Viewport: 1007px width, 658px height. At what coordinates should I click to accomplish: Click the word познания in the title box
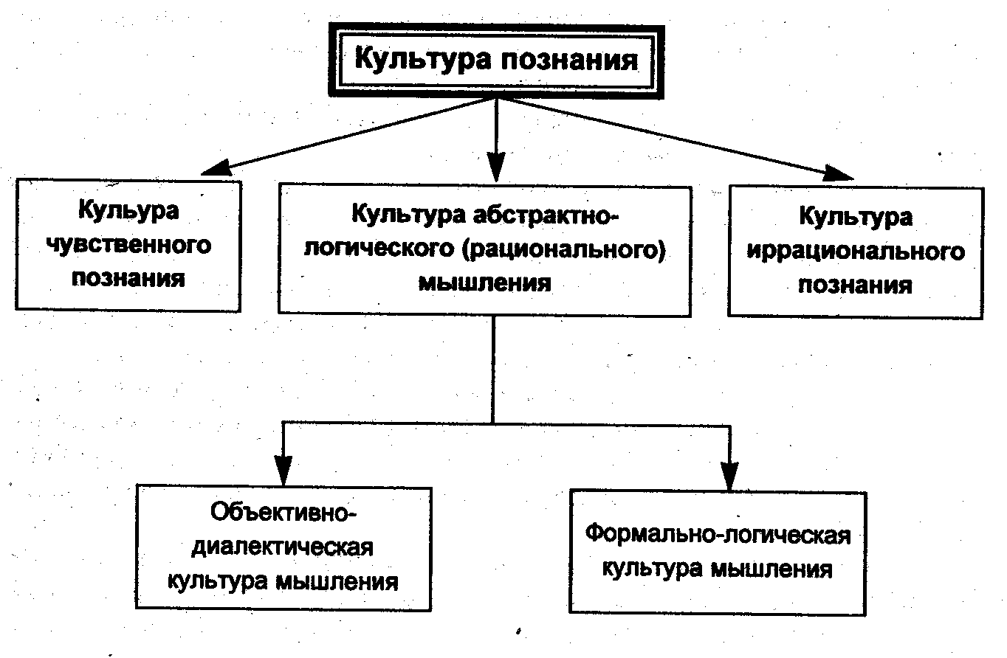569,60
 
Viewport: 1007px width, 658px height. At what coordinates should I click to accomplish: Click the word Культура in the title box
422,59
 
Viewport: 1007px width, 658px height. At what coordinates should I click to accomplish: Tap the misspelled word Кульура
128,211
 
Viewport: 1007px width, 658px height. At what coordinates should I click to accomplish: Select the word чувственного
128,245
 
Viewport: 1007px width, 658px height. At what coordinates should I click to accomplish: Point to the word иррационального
856,252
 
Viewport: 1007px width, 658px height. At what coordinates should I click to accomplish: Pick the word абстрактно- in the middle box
546,215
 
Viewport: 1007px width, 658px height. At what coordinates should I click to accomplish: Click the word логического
379,248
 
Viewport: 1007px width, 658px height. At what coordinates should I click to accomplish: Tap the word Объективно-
283,512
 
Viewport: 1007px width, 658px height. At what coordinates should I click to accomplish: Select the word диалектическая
282,547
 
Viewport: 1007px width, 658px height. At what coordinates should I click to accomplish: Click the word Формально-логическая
718,535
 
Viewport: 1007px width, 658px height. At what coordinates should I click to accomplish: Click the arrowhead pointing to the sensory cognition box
216,167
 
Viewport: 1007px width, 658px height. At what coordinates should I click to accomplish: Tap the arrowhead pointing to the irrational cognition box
839,173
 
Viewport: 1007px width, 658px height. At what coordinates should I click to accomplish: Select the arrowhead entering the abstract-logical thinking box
496,167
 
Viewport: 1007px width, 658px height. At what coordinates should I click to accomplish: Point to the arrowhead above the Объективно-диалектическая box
283,471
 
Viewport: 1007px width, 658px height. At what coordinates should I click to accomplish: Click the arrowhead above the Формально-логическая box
729,476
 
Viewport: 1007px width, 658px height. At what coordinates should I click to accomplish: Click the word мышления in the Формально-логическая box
771,569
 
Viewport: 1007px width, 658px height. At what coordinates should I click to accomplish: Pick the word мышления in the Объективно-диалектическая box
337,582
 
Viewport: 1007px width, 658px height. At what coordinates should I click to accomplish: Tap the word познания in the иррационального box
855,285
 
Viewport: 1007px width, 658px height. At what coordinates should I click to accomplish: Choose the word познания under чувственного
128,279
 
